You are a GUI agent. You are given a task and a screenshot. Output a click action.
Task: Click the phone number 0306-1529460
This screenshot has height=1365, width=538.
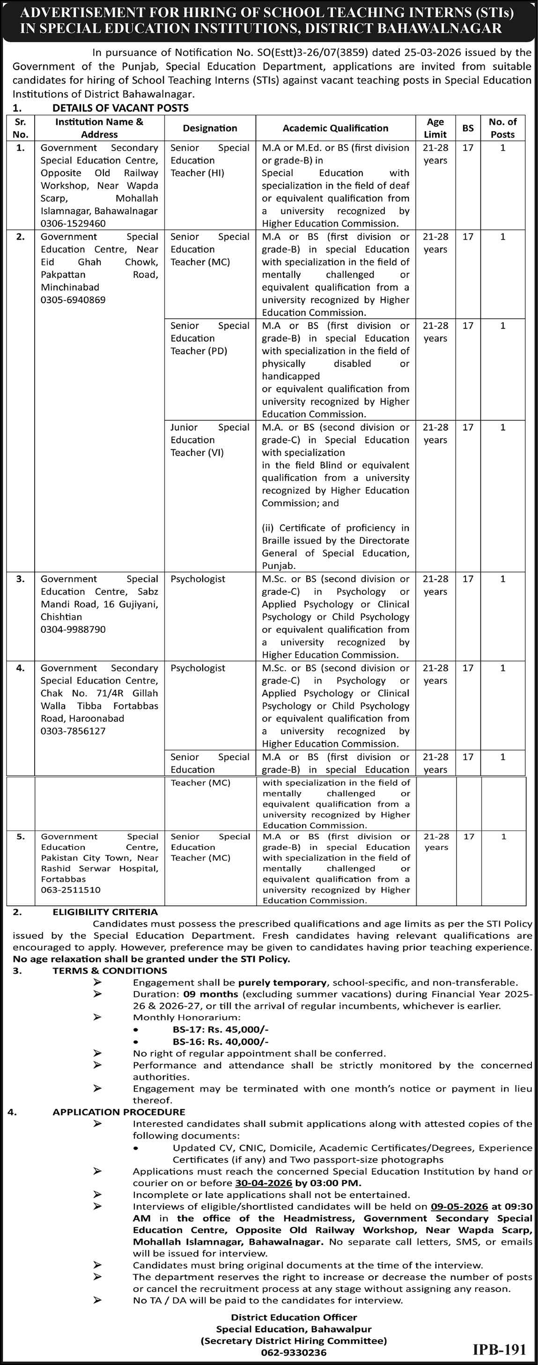tap(73, 224)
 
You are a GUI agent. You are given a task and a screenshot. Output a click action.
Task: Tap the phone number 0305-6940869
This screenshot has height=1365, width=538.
tap(73, 300)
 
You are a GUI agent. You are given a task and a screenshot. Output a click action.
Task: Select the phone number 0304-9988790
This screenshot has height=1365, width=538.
tap(73, 630)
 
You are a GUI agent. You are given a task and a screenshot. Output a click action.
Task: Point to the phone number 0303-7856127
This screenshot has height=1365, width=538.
tap(73, 731)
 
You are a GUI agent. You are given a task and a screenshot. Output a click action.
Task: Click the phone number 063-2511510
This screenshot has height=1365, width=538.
tap(71, 890)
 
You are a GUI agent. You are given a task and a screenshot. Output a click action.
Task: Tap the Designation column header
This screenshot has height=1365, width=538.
tap(210, 128)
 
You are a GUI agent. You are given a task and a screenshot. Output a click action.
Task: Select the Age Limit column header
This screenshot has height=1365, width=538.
tap(435, 128)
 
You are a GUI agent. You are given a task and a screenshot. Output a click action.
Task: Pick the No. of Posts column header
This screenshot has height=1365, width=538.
tap(502, 128)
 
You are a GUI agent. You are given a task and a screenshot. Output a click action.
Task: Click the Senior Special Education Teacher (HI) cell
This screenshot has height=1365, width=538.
tap(210, 161)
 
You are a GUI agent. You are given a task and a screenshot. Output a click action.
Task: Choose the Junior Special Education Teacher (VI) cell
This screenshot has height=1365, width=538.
tap(210, 440)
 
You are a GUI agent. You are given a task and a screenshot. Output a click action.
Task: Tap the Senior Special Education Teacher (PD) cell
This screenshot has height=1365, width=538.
tap(210, 338)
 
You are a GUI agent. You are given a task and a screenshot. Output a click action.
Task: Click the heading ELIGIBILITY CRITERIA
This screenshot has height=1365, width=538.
tap(105, 912)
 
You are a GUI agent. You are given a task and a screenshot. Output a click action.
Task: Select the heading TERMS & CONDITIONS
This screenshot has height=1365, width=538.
tap(110, 971)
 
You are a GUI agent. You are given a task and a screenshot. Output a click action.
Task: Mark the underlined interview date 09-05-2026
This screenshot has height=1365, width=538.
tap(459, 1207)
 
